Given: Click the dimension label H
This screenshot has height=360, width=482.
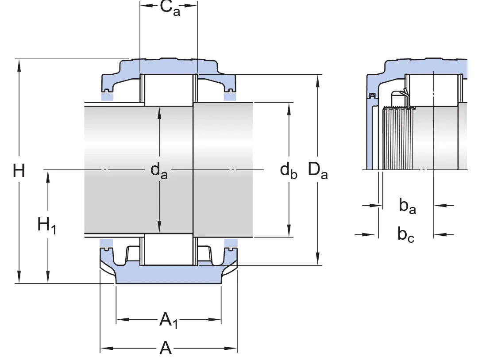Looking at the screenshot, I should tap(19, 170).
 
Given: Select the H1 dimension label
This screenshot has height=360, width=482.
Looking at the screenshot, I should tap(46, 226).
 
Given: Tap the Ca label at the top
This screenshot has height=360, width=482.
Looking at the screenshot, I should tap(170, 8).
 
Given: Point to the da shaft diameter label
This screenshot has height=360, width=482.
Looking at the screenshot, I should tap(159, 170).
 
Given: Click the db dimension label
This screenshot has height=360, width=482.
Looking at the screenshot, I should tap(289, 170).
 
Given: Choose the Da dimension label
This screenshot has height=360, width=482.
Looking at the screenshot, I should tap(318, 170).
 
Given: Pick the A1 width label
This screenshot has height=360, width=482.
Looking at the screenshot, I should tap(169, 320).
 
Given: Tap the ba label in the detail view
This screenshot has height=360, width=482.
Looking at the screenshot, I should tap(407, 206).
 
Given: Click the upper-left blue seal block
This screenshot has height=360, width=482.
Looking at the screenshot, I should tap(107, 96).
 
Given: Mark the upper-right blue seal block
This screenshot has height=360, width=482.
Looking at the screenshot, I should tap(229, 96).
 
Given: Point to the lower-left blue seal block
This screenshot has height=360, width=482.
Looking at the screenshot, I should tap(106, 242).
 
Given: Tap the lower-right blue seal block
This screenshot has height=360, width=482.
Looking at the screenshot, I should tap(230, 242).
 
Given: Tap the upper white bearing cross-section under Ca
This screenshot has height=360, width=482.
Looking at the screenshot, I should tap(168, 90).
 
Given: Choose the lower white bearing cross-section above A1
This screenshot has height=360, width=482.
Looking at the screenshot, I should tap(168, 249).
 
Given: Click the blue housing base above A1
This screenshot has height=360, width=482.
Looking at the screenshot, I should tap(168, 275).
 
